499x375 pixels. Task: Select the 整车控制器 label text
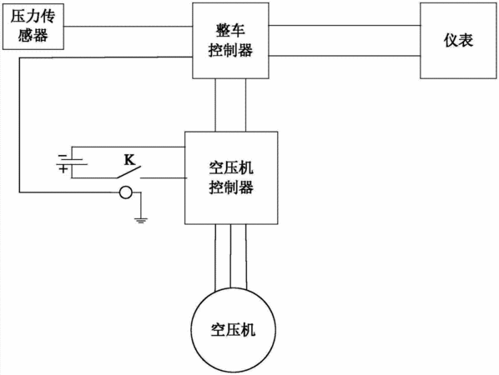tap(230, 41)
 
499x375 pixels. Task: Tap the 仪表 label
tap(458, 40)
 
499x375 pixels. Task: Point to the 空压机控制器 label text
tap(231, 178)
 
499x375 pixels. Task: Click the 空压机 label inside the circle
tap(233, 329)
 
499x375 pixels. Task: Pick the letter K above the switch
tap(129, 159)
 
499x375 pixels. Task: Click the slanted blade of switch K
tap(129, 172)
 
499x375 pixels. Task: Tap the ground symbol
tap(141, 220)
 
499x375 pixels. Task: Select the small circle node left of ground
tap(126, 192)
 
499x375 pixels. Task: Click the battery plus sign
tap(63, 168)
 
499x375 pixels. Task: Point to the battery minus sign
tap(63, 156)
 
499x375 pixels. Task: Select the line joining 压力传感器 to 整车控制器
tap(128, 27)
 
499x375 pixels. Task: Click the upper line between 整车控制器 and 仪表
tap(345, 26)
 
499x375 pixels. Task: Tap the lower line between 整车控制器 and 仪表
tap(345, 56)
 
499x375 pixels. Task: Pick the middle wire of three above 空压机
tap(230, 256)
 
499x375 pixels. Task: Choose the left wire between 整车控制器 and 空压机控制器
tap(215, 105)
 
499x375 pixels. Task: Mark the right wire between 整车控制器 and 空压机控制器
tap(245, 105)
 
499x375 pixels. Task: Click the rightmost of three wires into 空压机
tap(246, 257)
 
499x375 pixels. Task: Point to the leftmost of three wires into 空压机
tap(215, 257)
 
